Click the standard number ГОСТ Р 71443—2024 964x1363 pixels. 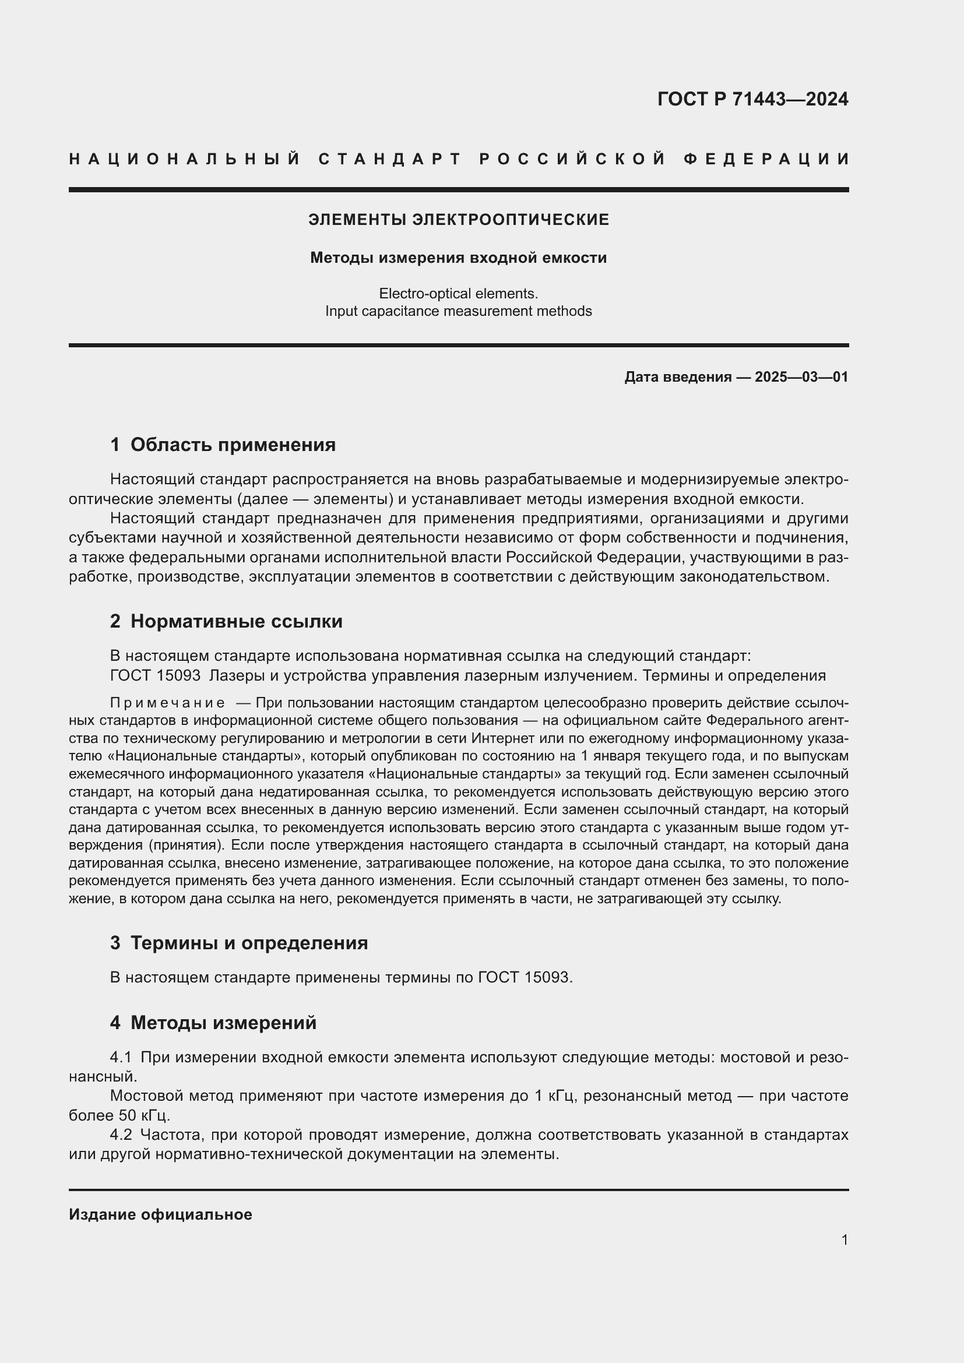click(752, 99)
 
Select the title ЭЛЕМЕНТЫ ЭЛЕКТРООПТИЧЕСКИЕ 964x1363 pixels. click(458, 220)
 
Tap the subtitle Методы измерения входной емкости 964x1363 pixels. click(458, 258)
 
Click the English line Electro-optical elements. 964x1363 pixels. click(458, 293)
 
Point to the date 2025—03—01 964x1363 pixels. click(801, 377)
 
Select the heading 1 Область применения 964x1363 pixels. click(223, 445)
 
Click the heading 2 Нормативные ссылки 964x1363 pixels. click(226, 622)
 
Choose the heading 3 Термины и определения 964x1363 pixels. click(238, 943)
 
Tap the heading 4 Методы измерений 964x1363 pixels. click(213, 1023)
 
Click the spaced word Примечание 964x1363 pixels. click(167, 703)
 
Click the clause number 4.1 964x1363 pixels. click(121, 1057)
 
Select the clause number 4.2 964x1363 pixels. click(121, 1135)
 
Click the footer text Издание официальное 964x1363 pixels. click(160, 1214)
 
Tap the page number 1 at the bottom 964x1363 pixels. click(844, 1240)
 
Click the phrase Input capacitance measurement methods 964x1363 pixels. click(458, 311)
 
